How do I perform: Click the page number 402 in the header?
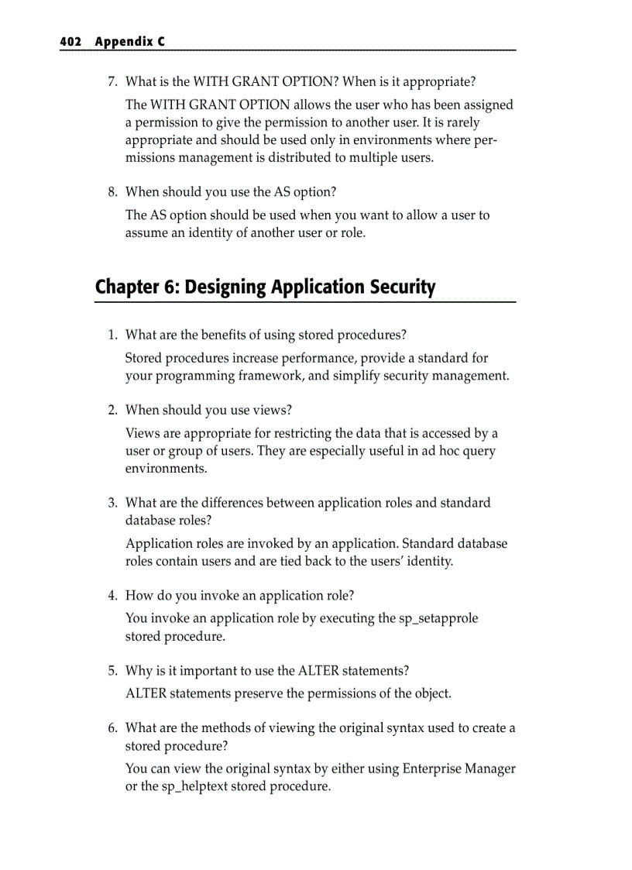pyautogui.click(x=72, y=42)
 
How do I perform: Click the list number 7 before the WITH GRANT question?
pyautogui.click(x=112, y=81)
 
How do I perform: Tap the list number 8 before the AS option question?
pyautogui.click(x=112, y=191)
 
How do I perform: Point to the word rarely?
pyautogui.click(x=462, y=122)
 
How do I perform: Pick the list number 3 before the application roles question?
pyautogui.click(x=112, y=503)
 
